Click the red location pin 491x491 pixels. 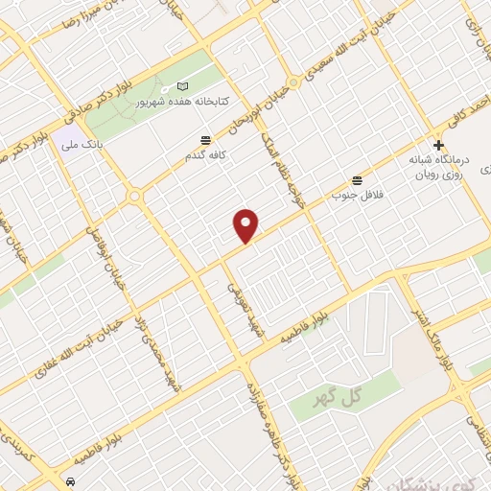246,224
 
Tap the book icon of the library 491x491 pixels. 183,87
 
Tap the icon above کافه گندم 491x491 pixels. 205,140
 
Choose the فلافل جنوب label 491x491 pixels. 351,195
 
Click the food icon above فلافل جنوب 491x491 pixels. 358,180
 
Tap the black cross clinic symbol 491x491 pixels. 438,146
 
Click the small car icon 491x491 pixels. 71,478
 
